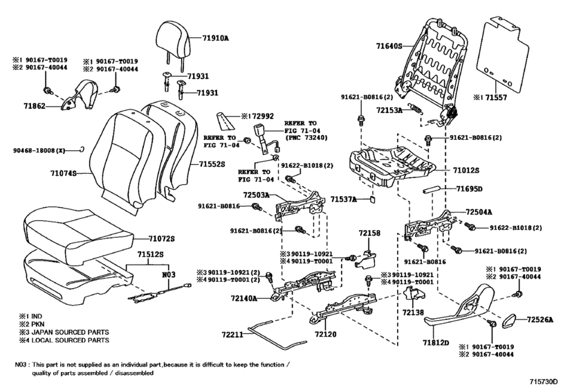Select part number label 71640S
(x=389, y=46)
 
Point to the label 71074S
(x=64, y=173)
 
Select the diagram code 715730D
(x=544, y=381)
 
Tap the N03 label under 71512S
(x=169, y=275)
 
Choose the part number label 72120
(x=326, y=334)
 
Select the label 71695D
(x=469, y=188)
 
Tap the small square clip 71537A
(x=372, y=199)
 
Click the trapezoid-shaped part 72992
(x=224, y=120)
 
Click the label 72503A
(x=256, y=195)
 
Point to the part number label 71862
(x=35, y=106)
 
